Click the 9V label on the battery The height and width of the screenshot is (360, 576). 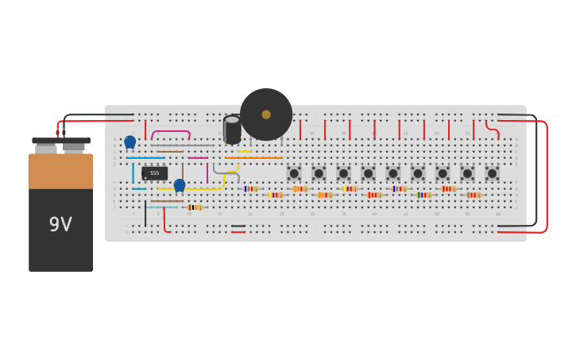coord(60,225)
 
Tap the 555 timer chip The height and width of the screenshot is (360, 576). coord(154,172)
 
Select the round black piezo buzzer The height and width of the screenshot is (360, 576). coord(265,114)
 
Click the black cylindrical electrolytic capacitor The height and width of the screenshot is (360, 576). coord(232,130)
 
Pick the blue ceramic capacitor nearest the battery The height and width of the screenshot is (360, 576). coord(130,141)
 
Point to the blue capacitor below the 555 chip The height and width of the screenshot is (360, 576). coord(180,184)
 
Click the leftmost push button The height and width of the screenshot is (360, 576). coord(294,173)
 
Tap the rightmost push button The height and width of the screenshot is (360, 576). coord(493,173)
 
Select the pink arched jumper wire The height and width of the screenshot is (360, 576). coord(171,133)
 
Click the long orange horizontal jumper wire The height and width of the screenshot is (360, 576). coord(253,157)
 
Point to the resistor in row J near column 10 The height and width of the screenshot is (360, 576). coord(193,207)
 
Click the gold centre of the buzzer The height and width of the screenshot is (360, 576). coord(266,114)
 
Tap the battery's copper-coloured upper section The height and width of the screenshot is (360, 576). coord(61,171)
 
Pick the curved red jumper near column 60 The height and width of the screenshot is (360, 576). coord(493,130)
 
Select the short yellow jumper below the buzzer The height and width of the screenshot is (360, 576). coord(245,151)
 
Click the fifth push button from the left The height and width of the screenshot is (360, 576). coord(393,173)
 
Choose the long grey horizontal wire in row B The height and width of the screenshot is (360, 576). coord(183,145)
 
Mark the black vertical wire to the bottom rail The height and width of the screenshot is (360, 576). coord(145,213)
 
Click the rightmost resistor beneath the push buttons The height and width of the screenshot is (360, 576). coord(474,195)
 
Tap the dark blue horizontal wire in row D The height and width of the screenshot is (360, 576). coord(145,157)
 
